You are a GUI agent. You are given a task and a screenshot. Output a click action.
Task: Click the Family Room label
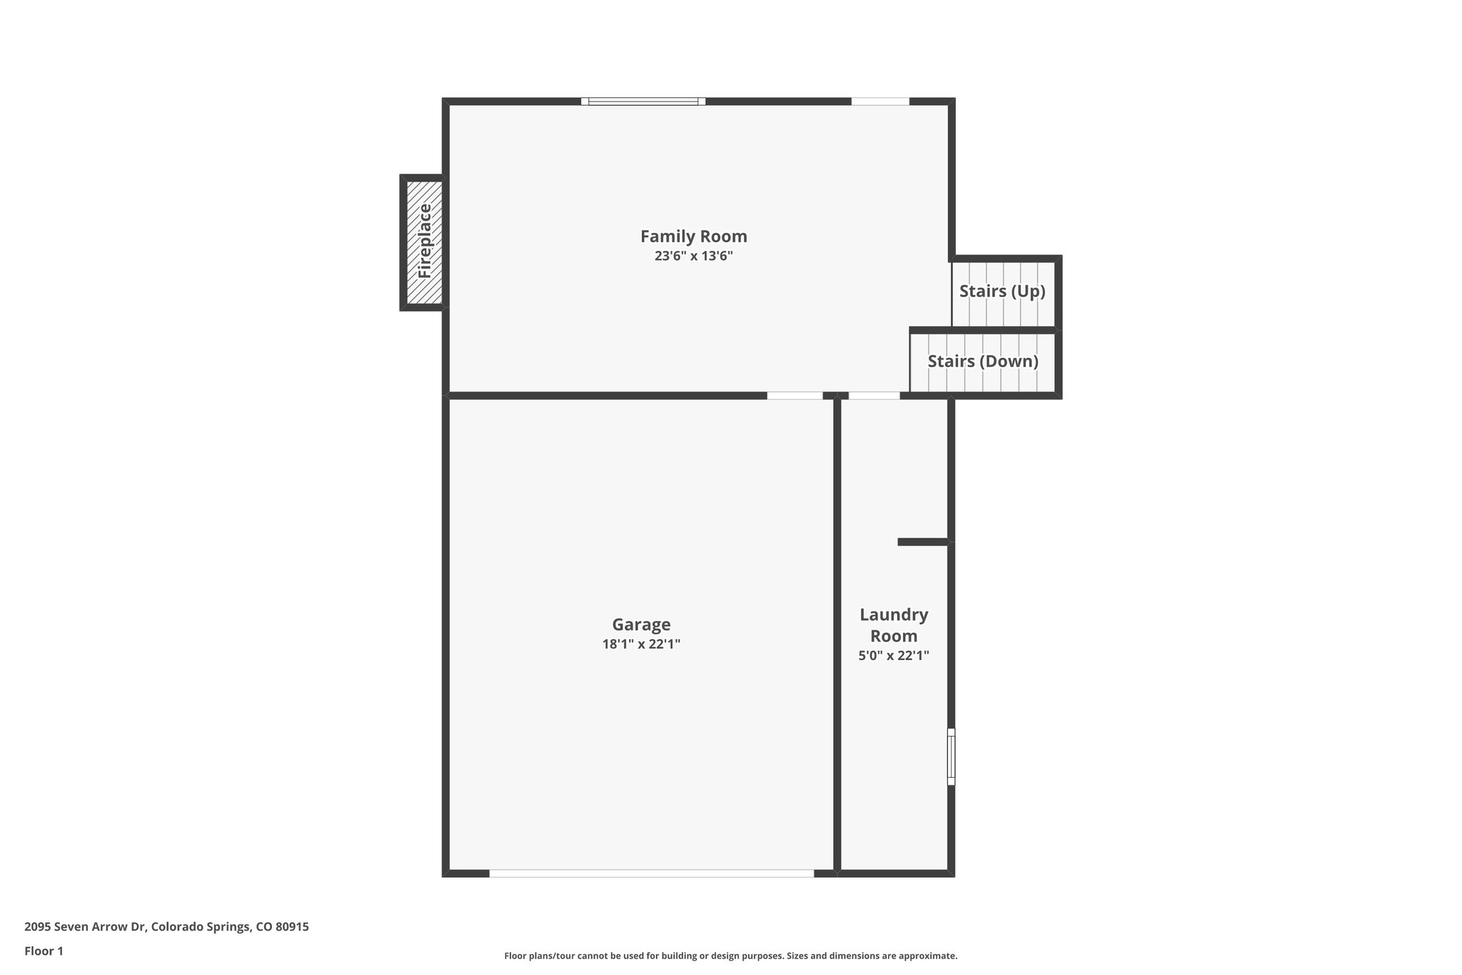coord(693,236)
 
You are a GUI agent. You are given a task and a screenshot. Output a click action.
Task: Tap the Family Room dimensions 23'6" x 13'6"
coord(693,256)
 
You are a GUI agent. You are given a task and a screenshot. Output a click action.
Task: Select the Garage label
coord(641,625)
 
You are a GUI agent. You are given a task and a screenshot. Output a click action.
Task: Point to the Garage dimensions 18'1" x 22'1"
coord(641,644)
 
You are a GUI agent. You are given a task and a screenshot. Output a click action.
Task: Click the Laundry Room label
coord(893,625)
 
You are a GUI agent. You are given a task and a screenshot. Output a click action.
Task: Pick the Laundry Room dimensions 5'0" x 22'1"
coord(893,656)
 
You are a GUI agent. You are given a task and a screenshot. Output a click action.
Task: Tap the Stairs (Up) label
coord(1002,291)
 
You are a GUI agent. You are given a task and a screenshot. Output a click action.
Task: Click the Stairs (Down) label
coord(982,361)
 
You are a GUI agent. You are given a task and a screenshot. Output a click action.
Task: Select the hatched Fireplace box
coord(424,242)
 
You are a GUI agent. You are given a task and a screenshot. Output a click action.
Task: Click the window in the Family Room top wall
coord(643,101)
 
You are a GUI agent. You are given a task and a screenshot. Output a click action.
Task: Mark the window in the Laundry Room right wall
coord(951,756)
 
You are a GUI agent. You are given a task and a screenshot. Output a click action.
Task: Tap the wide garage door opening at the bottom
coord(651,873)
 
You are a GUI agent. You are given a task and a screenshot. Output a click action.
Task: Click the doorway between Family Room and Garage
coord(795,396)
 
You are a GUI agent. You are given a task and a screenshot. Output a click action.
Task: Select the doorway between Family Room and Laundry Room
coord(874,396)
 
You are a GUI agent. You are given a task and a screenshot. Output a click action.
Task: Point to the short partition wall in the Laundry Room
coord(922,542)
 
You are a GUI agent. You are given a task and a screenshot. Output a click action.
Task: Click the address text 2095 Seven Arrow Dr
coord(166,927)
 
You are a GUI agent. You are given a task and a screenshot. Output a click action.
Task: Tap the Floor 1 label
coord(44,951)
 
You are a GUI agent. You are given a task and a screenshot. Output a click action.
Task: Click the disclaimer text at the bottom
coord(730,956)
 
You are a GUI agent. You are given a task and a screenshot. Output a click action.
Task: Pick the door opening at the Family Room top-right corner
coord(880,101)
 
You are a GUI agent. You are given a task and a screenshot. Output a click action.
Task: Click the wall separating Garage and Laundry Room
coord(837,636)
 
